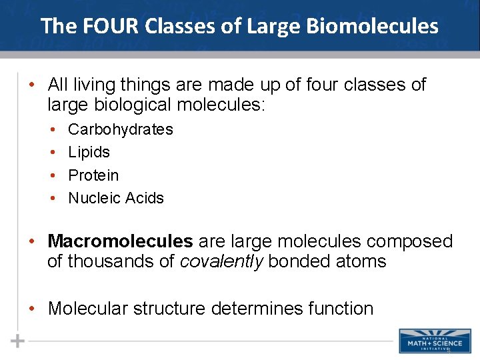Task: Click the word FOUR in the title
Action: point(101,26)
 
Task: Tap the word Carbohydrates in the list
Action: point(121,129)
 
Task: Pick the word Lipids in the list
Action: point(89,152)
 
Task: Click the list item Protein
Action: point(93,175)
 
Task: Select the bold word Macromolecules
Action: point(120,241)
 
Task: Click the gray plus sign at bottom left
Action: point(18,341)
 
